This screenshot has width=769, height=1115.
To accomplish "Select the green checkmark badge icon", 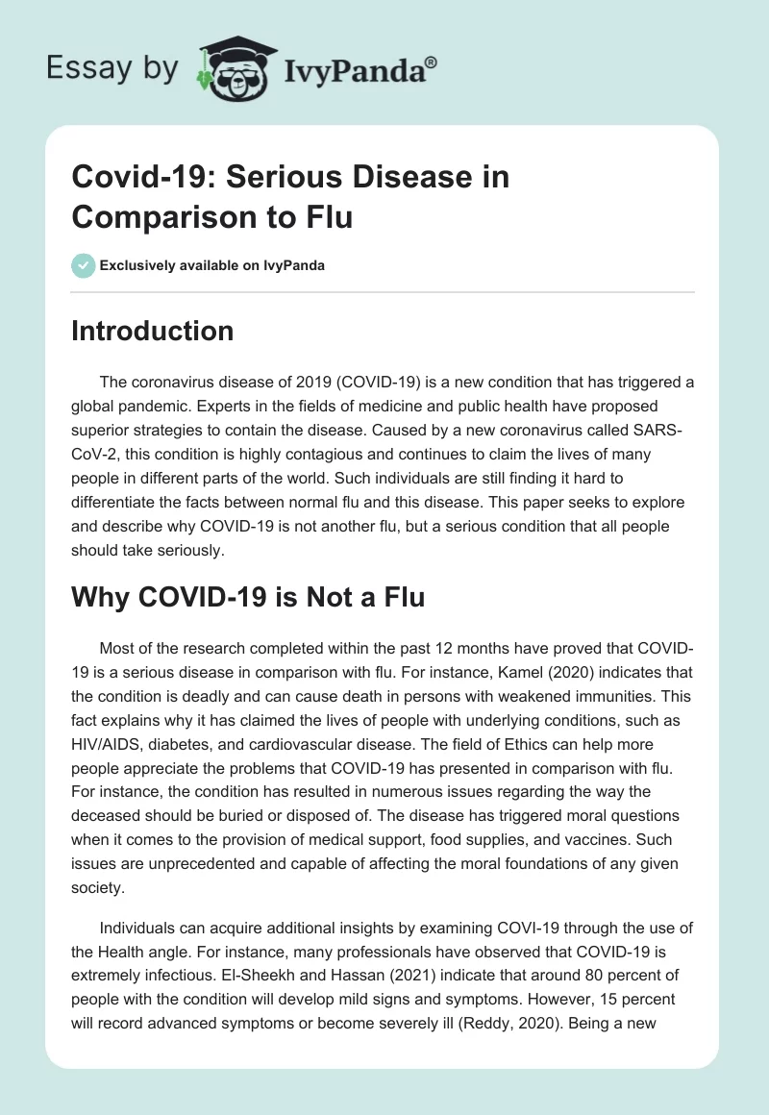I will tap(83, 265).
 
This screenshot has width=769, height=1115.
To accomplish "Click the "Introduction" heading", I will tap(152, 332).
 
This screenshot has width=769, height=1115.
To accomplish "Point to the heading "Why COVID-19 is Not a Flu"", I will tap(247, 597).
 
